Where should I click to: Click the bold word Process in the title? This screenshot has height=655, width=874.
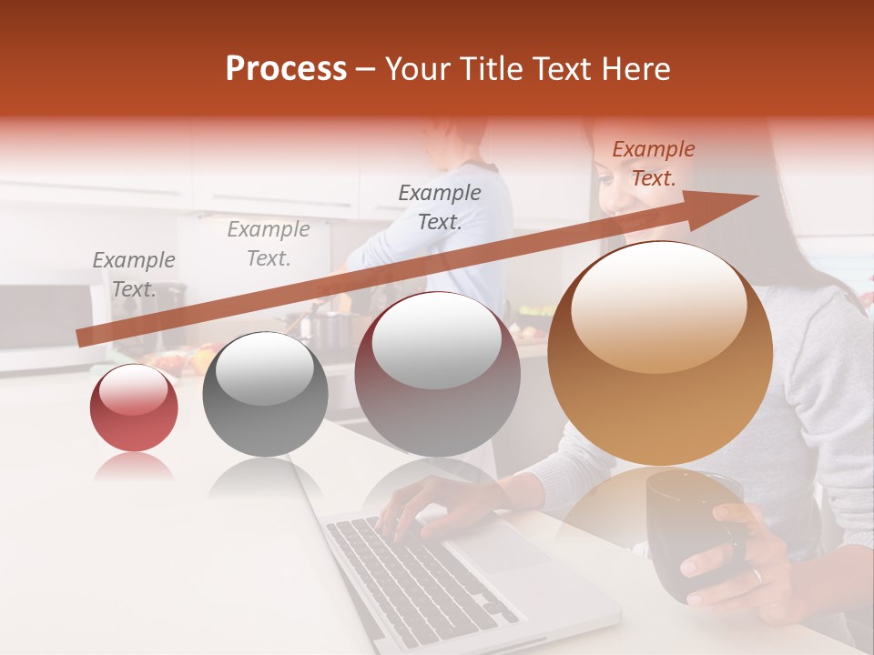[x=286, y=68]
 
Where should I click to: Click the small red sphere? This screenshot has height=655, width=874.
[x=134, y=408]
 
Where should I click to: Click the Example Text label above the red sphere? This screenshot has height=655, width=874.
[x=133, y=275]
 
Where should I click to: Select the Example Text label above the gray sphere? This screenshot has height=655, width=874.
[x=268, y=243]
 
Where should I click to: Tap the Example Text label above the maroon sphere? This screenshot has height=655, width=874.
[x=440, y=207]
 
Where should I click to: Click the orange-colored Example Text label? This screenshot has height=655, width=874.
[x=653, y=164]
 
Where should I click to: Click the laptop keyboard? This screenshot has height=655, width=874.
[x=410, y=573]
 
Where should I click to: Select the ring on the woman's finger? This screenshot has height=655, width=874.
[x=756, y=575]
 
